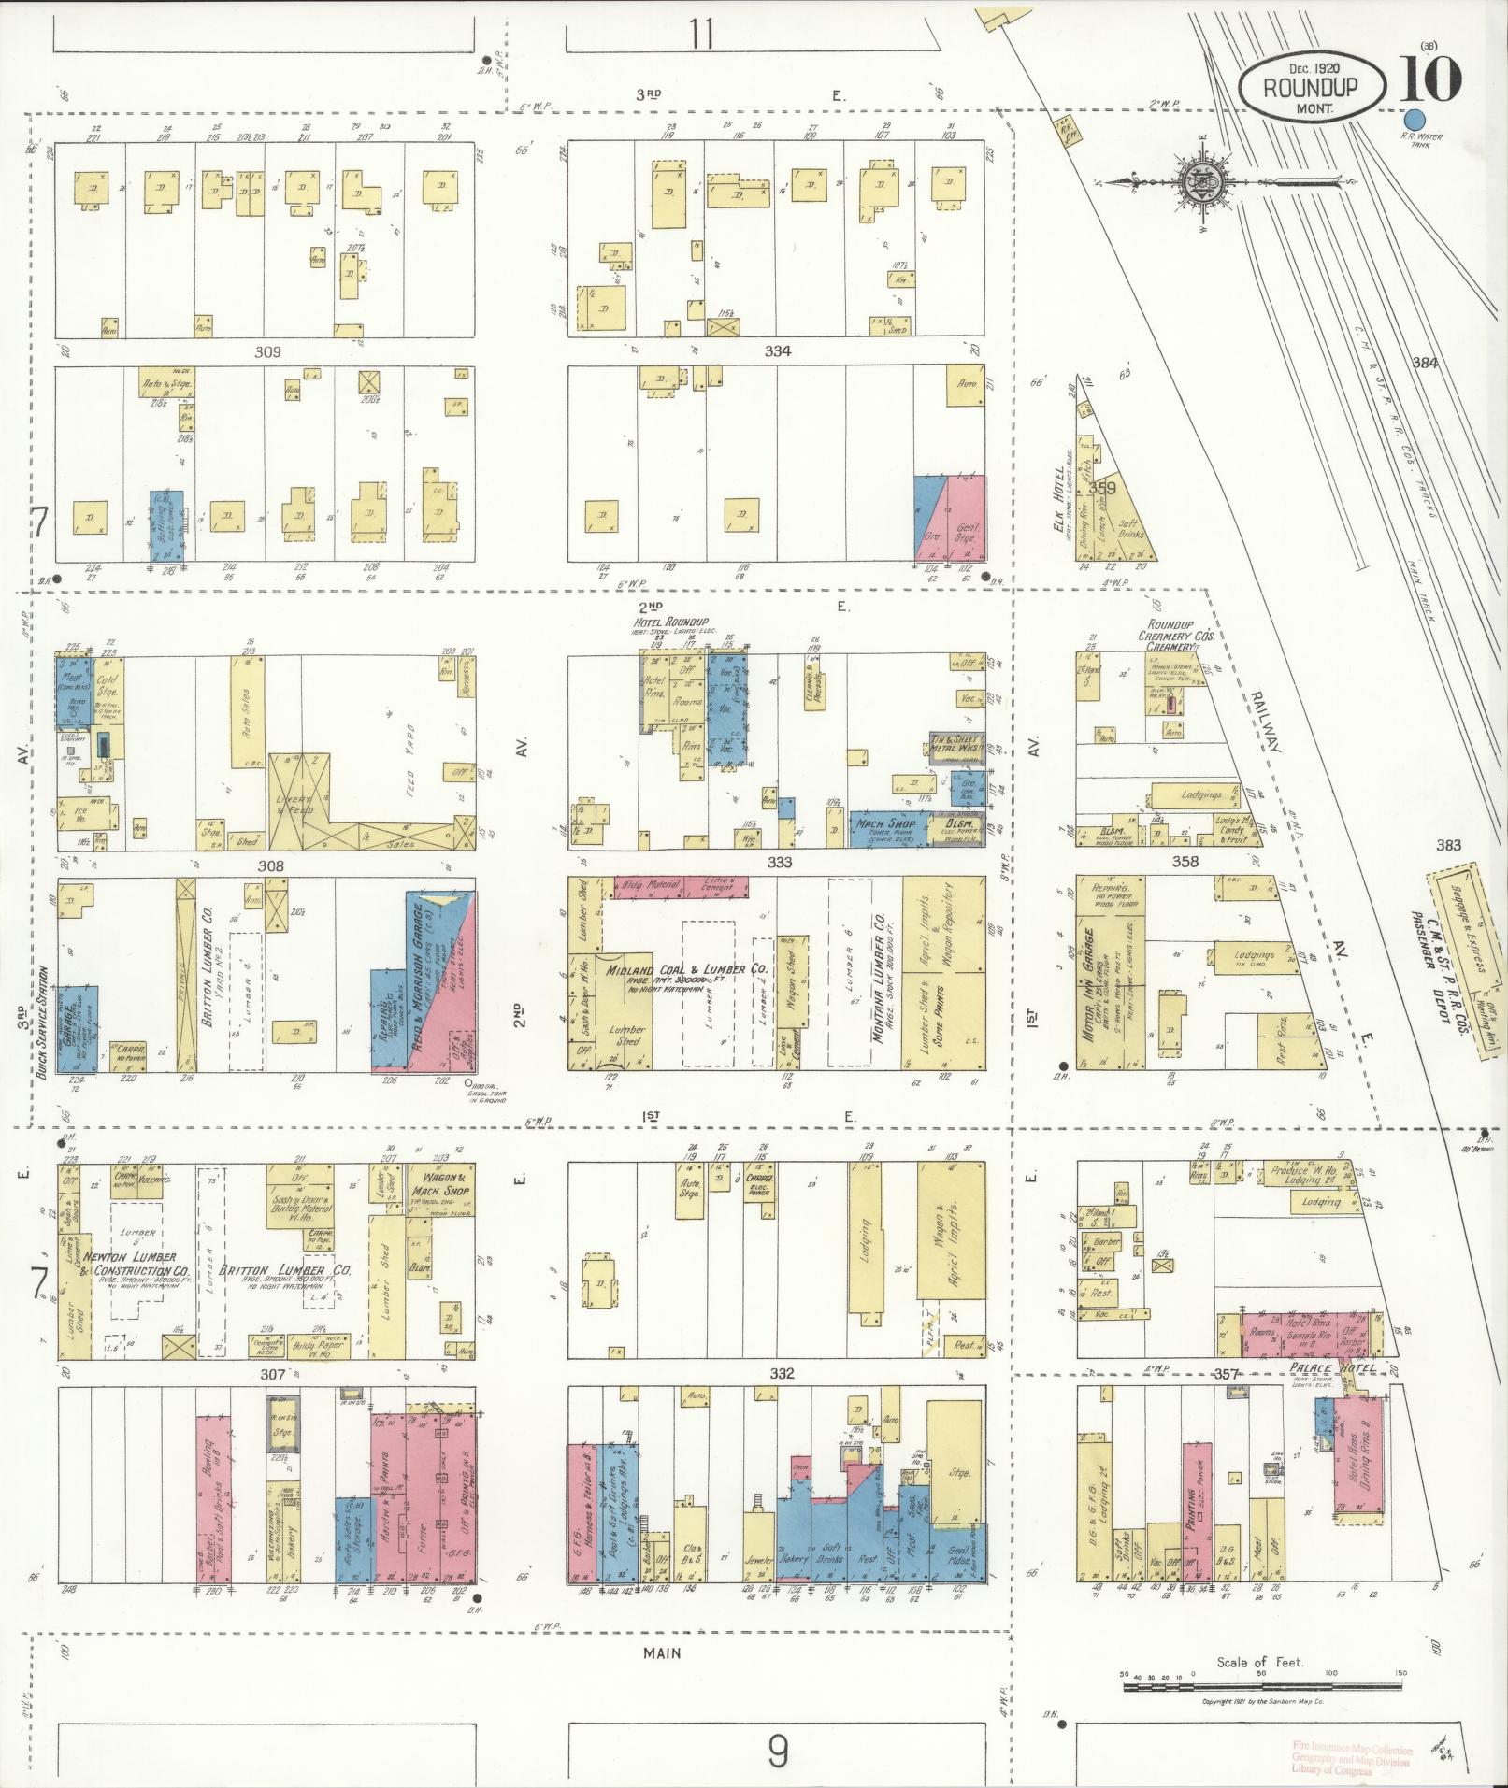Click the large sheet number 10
pos(1430,79)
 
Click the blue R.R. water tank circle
pos(1415,121)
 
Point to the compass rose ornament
pos(1196,181)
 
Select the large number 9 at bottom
pos(778,1751)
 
